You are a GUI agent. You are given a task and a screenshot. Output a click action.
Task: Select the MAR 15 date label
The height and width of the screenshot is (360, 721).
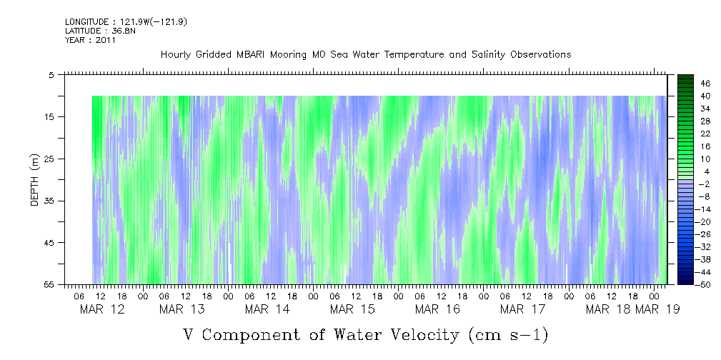tap(352, 309)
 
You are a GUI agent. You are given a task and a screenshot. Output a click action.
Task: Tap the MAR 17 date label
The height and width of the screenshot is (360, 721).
tap(522, 309)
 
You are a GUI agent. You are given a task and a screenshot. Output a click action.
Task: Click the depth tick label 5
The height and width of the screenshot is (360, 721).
tap(51, 74)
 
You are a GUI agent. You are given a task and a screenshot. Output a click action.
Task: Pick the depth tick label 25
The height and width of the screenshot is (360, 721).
tap(49, 159)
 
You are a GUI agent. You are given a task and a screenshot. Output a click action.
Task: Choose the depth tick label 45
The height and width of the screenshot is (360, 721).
tap(49, 243)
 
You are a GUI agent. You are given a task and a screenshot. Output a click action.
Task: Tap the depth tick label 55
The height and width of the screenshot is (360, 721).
tap(49, 284)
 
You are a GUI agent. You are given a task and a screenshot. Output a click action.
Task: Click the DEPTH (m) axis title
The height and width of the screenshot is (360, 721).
tap(34, 179)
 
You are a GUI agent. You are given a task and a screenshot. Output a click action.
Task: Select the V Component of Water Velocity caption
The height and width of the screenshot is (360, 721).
tap(365, 334)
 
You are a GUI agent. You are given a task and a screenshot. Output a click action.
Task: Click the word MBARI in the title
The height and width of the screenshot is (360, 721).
tap(256, 55)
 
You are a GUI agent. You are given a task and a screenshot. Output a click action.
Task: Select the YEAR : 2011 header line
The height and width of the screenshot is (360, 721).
tap(90, 40)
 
